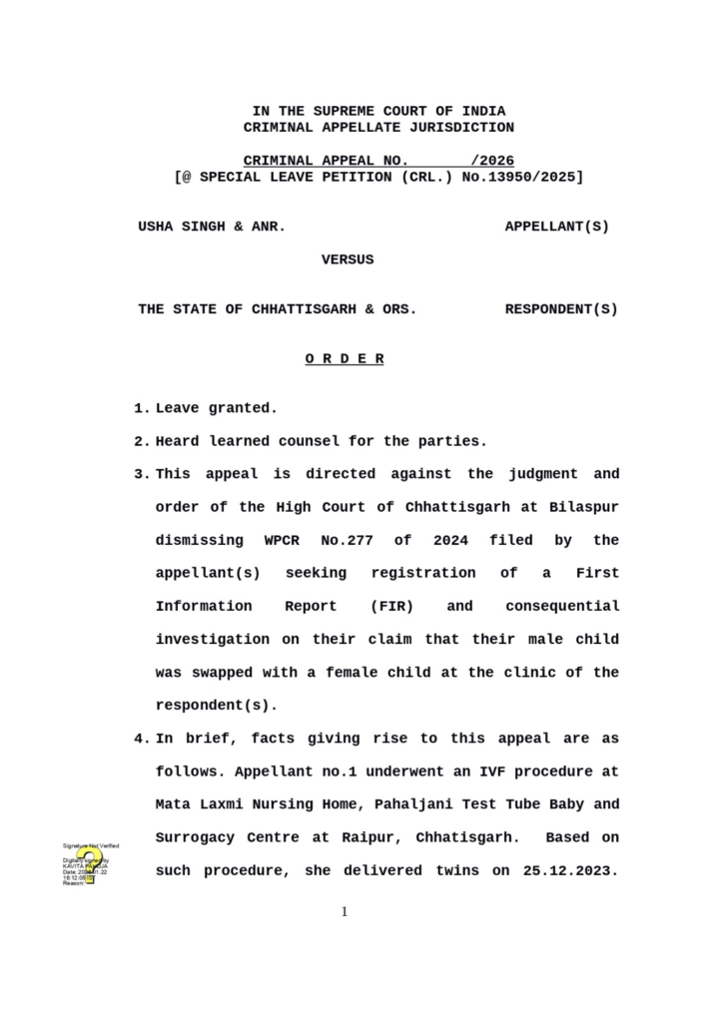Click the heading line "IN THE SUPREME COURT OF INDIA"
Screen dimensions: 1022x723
click(x=378, y=111)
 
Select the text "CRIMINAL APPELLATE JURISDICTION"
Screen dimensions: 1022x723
click(x=378, y=128)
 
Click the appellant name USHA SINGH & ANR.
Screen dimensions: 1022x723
click(x=212, y=227)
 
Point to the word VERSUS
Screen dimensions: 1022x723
click(x=348, y=259)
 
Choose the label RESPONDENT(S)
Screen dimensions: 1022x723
click(x=561, y=309)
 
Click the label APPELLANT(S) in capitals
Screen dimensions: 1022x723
click(x=556, y=227)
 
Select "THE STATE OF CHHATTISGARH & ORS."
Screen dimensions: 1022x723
click(x=278, y=309)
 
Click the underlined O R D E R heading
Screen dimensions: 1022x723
click(x=345, y=359)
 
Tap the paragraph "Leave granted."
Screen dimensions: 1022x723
click(x=216, y=408)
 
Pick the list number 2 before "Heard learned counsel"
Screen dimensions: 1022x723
click(x=139, y=441)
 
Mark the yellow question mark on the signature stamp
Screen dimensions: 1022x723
click(x=91, y=864)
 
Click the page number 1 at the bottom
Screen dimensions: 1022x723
click(x=345, y=911)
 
